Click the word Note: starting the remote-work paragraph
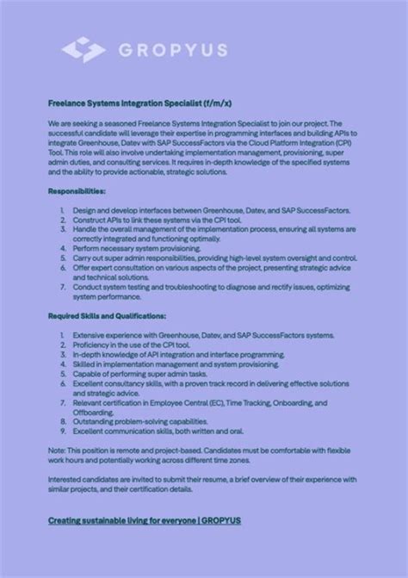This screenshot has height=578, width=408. click(57, 450)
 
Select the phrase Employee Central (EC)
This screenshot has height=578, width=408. click(189, 402)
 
